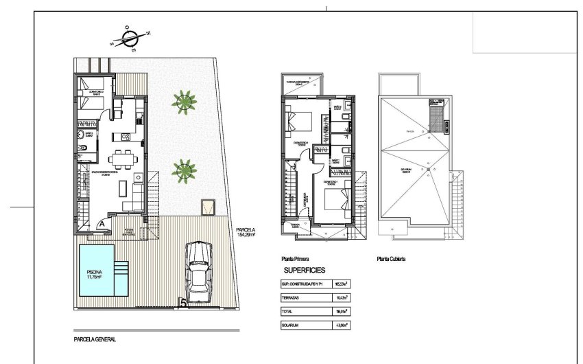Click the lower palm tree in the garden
183,168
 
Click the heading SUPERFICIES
305,271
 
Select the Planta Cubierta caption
391,259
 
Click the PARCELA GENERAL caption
95,339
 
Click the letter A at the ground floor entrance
101,223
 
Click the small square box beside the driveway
207,207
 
